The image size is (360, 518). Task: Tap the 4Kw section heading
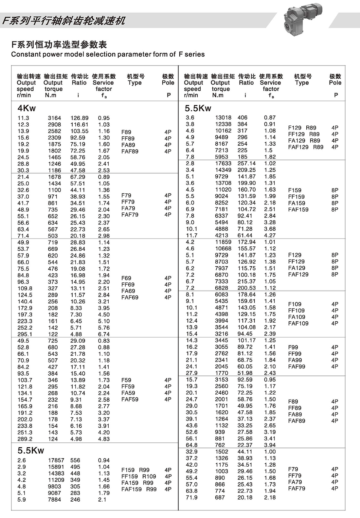click(27, 108)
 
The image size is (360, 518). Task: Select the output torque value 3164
click(54, 118)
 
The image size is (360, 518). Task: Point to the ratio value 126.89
click(79, 118)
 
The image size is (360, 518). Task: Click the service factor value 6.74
click(104, 334)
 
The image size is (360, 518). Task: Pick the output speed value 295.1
click(25, 334)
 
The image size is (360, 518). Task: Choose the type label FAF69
click(130, 297)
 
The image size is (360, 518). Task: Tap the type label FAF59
click(130, 399)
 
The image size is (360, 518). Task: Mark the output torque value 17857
click(56, 460)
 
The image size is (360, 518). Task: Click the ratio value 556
click(75, 460)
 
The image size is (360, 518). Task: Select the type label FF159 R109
click(139, 476)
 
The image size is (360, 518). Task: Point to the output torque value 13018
click(223, 117)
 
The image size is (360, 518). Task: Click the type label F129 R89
click(302, 128)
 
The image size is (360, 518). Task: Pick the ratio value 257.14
click(247, 163)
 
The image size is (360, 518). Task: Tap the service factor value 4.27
click(270, 235)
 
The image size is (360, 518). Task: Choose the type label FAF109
click(298, 323)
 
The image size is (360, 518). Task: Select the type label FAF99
click(297, 366)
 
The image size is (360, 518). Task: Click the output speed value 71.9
click(191, 497)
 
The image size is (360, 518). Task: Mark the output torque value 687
click(220, 497)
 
